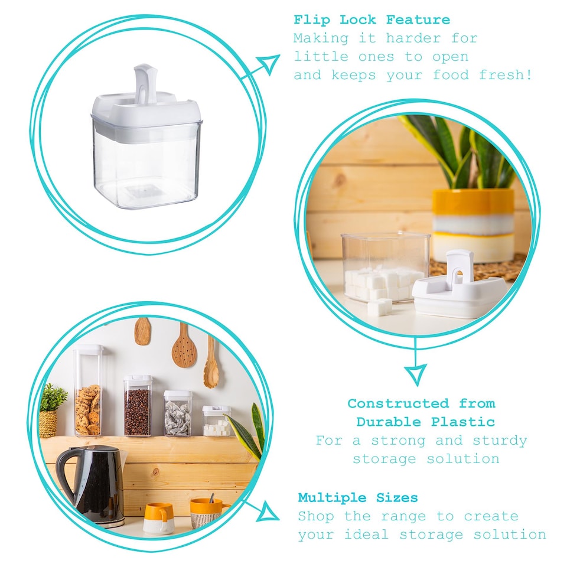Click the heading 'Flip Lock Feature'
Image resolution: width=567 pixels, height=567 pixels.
(x=372, y=19)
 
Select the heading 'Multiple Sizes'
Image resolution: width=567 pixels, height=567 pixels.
(x=357, y=497)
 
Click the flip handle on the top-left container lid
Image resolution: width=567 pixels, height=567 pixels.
(x=144, y=83)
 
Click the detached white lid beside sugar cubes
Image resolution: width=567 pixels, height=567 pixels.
(x=459, y=286)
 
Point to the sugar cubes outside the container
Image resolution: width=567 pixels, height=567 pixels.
(x=379, y=307)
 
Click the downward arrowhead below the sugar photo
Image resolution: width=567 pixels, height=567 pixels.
(x=415, y=373)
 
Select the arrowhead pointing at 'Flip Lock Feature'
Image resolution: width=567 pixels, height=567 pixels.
(x=269, y=64)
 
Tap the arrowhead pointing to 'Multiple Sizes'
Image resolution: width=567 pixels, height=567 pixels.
(x=269, y=511)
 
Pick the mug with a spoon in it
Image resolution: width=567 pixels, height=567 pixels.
(x=207, y=511)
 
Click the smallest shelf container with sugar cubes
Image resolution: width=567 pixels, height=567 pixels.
(x=216, y=421)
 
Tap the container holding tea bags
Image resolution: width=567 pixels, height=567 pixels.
(x=177, y=413)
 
